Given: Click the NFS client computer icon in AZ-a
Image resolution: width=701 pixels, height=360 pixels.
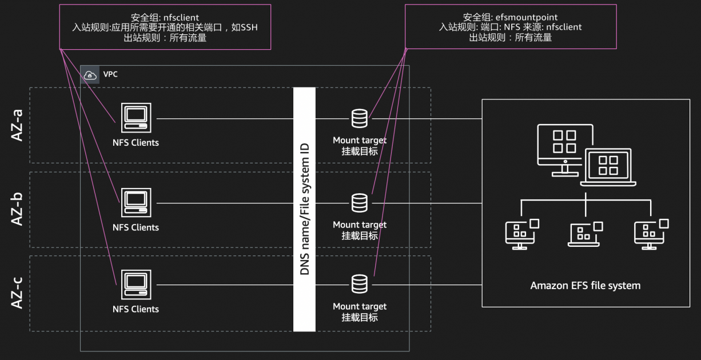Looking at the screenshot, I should click(136, 119).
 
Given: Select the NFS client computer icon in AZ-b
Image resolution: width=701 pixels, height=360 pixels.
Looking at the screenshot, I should click(136, 203).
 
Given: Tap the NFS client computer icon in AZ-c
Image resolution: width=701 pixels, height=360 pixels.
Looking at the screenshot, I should click(136, 285).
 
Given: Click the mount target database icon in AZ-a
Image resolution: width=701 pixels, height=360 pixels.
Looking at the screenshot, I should click(359, 118).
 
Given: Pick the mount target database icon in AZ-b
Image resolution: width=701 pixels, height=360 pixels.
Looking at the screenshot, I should click(359, 203).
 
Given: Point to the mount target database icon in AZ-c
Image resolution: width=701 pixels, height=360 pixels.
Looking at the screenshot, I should click(359, 284).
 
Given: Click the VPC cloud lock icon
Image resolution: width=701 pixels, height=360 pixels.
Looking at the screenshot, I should click(90, 75).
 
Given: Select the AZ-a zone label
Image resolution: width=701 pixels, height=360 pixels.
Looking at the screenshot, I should click(17, 125).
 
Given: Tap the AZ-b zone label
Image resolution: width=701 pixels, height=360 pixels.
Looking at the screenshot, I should click(17, 209).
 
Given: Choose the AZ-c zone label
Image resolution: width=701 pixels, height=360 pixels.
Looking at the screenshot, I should click(17, 293).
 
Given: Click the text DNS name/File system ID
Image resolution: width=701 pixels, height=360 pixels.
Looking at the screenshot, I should click(304, 209).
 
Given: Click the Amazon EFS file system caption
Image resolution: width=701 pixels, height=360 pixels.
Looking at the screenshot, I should click(586, 285).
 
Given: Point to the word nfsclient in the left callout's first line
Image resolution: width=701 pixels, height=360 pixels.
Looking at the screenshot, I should click(181, 18).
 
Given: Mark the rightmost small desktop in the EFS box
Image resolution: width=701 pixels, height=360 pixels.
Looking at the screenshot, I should click(650, 234).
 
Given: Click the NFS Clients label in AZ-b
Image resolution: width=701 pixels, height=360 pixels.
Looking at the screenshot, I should click(136, 227).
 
